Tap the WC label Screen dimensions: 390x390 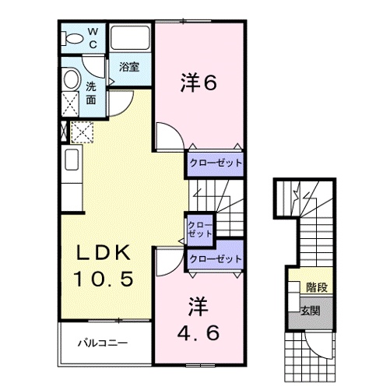[93, 38]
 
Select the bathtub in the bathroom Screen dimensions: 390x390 [129, 38]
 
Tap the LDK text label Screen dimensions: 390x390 [110, 253]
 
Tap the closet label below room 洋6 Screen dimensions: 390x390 [213, 164]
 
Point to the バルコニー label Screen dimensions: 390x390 [102, 343]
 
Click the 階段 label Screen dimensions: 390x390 [316, 287]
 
